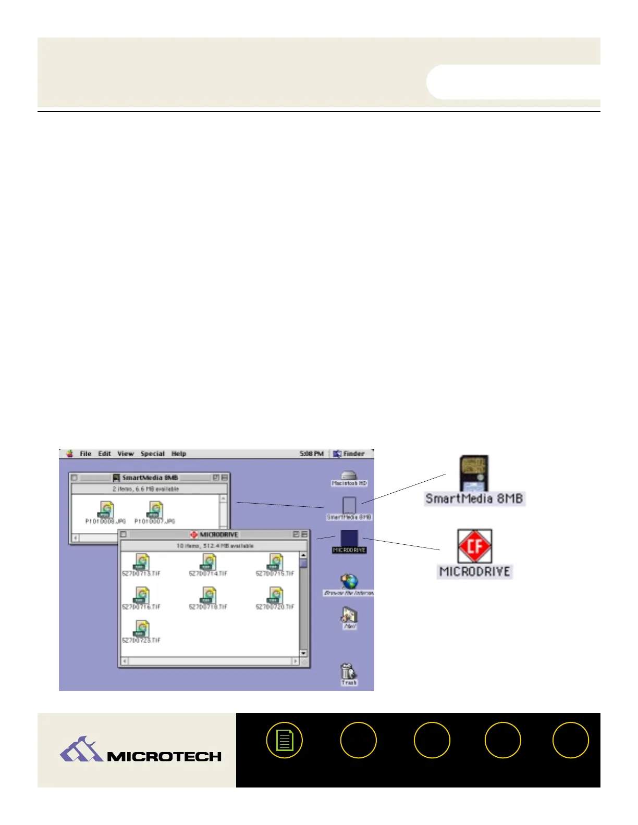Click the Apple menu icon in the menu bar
coord(69,454)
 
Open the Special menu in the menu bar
coord(152,454)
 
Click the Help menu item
coord(179,454)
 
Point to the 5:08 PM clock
coord(311,454)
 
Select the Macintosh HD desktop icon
coord(349,477)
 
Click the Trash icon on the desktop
coord(348,672)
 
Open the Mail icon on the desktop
coord(349,617)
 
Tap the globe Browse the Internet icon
coord(349,582)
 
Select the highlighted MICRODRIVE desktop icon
coord(349,539)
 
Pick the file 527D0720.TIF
coord(275,596)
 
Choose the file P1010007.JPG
coord(155,510)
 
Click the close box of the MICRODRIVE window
coord(124,534)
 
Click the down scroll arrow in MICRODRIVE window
coord(303,653)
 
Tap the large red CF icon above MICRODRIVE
coord(475,546)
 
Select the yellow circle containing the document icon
coord(285,740)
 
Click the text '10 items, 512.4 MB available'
coord(215,546)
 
